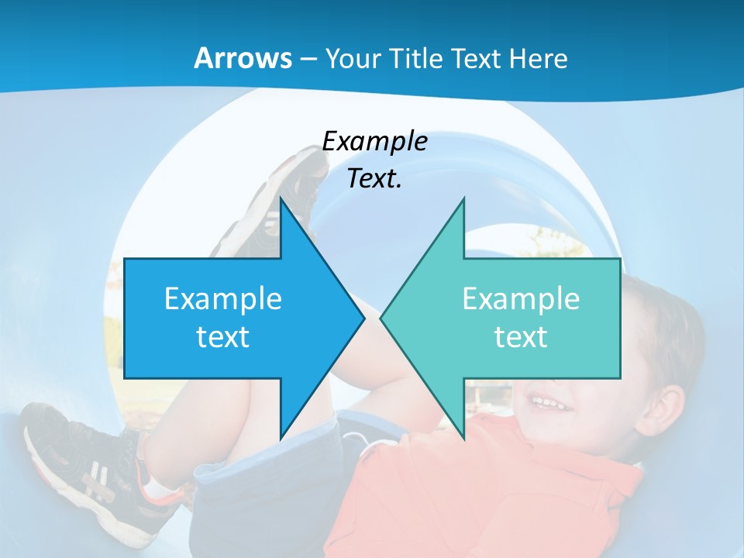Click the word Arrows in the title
click(243, 58)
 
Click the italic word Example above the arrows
click(375, 141)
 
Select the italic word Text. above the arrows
click(375, 179)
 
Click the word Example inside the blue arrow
click(223, 298)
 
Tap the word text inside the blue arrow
click(223, 336)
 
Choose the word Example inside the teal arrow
click(521, 298)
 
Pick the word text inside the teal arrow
click(521, 336)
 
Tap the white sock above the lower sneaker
click(159, 487)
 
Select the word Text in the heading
click(477, 58)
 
